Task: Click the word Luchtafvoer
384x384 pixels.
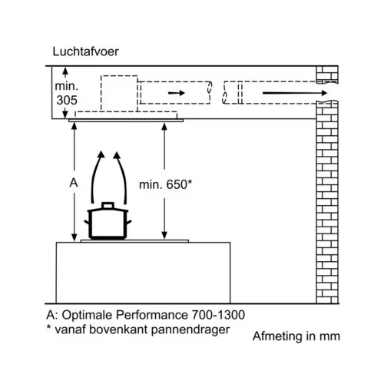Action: [x=85, y=51]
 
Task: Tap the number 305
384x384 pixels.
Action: [x=67, y=100]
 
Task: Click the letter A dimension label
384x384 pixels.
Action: [x=74, y=183]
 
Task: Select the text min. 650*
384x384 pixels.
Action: [x=165, y=184]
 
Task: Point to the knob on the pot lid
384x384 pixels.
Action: [x=108, y=205]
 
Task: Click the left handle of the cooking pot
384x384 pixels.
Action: [x=88, y=222]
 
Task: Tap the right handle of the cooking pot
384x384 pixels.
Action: [x=128, y=222]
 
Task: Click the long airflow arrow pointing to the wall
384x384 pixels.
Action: [x=295, y=93]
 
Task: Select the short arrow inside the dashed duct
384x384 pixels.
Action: [x=177, y=93]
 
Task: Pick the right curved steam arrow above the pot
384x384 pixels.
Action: [x=121, y=177]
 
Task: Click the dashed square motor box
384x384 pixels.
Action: [x=119, y=94]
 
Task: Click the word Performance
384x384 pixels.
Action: [x=152, y=315]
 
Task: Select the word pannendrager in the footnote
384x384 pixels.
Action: [x=190, y=329]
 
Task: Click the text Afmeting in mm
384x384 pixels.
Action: [x=296, y=336]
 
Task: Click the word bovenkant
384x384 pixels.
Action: [x=118, y=329]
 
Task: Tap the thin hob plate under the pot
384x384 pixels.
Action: [x=134, y=241]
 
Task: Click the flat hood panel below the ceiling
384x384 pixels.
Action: [x=126, y=121]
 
